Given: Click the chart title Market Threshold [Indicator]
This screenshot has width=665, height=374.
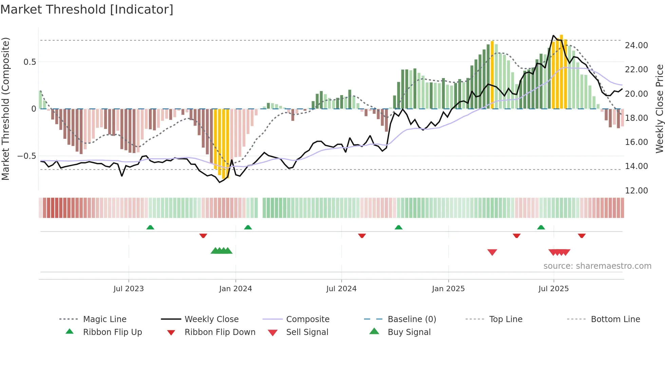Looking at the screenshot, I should click(87, 10).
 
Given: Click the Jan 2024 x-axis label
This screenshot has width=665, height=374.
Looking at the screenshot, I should click(235, 288).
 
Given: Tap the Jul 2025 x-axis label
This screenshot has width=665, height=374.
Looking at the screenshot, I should click(553, 288).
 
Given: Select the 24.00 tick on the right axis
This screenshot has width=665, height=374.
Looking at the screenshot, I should click(636, 45).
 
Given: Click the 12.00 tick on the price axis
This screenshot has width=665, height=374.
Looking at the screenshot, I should click(636, 190).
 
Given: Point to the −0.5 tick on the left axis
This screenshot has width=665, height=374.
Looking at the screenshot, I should click(26, 156).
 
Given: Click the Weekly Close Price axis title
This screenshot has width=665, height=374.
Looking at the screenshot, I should click(659, 109).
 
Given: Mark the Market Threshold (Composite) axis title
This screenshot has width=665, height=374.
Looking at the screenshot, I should click(5, 109).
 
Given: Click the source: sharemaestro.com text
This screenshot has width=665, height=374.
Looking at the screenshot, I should click(597, 266).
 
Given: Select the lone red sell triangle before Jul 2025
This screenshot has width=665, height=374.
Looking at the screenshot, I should click(492, 252).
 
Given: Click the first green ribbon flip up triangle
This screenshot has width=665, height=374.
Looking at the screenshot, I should click(150, 227).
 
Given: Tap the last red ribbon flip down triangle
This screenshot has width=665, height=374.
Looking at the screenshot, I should click(582, 236).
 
